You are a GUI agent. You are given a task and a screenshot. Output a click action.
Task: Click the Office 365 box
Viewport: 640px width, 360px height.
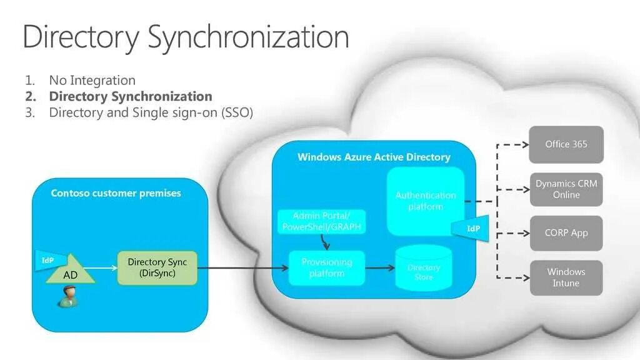[566, 144]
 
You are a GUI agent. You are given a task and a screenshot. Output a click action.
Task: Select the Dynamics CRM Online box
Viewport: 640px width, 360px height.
[566, 189]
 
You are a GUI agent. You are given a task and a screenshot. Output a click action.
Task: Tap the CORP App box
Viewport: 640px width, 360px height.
[566, 233]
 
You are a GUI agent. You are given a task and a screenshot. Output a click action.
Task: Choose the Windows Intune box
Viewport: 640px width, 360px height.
[566, 277]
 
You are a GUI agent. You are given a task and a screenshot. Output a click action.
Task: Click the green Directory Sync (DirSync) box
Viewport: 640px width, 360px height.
[157, 267]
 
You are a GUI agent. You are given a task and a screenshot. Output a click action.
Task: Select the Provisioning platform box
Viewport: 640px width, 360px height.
[327, 267]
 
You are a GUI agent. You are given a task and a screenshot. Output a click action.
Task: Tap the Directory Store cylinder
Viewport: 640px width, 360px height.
[423, 268]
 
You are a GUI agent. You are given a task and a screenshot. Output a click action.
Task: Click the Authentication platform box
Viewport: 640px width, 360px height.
[425, 201]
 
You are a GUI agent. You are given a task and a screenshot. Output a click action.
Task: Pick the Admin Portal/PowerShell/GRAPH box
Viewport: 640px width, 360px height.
[321, 221]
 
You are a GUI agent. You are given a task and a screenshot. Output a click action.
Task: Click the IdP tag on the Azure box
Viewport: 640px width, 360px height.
[473, 228]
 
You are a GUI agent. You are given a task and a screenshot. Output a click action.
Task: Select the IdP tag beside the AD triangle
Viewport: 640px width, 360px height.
[48, 260]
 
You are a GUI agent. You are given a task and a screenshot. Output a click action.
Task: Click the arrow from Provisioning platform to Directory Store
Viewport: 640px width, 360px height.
[379, 268]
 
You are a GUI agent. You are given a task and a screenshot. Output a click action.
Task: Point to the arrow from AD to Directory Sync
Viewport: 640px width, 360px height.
[106, 268]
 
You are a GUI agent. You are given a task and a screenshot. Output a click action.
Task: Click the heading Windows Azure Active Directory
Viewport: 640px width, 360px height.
[374, 157]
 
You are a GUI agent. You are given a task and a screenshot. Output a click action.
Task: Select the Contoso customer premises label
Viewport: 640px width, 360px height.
[116, 193]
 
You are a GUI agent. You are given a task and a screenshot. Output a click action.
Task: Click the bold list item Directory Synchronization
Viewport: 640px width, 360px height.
[131, 96]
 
